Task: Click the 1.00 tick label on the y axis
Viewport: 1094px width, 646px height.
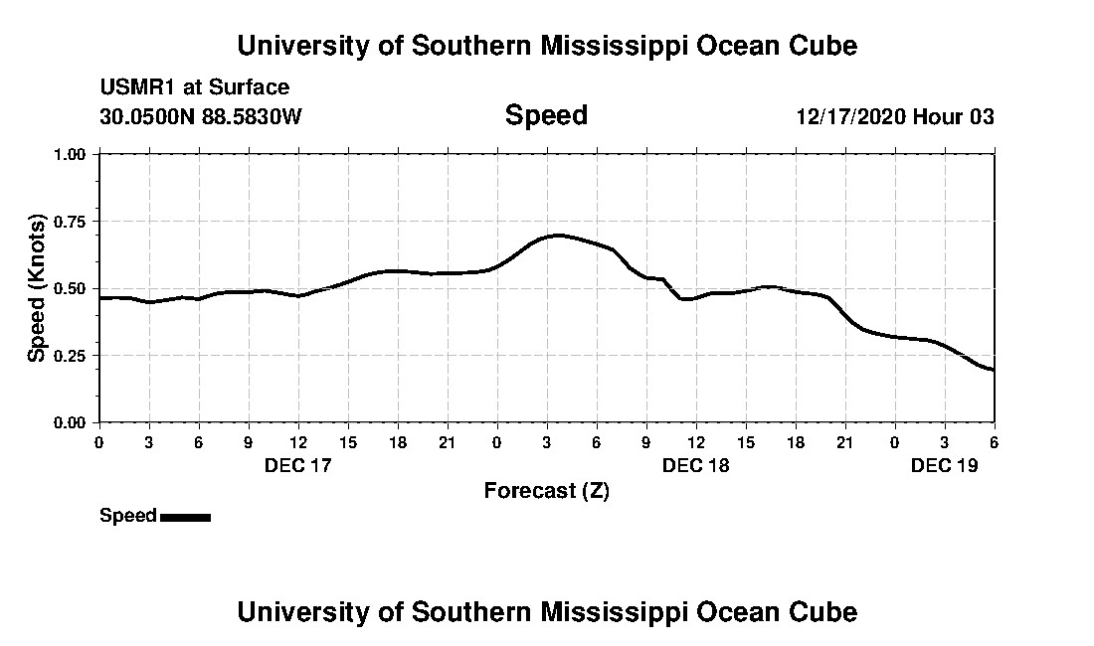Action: point(71,155)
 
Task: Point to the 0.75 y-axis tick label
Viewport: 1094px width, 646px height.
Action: point(71,222)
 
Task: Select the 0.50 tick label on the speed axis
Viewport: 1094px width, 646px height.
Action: point(71,289)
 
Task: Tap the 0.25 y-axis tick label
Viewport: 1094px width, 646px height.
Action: point(71,356)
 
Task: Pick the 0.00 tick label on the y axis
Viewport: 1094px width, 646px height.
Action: point(71,423)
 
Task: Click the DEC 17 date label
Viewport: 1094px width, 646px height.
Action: point(298,465)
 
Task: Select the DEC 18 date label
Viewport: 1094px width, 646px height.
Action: point(696,465)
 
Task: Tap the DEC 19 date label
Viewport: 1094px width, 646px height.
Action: point(945,465)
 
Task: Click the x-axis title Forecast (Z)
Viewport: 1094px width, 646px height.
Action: point(546,491)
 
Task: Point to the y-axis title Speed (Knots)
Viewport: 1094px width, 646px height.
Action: point(37,287)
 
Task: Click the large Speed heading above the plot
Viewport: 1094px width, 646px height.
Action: point(546,115)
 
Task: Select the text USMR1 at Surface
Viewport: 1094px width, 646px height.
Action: point(195,87)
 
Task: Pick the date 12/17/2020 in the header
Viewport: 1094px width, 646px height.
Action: point(849,116)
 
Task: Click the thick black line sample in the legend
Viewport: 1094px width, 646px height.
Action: point(185,517)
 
